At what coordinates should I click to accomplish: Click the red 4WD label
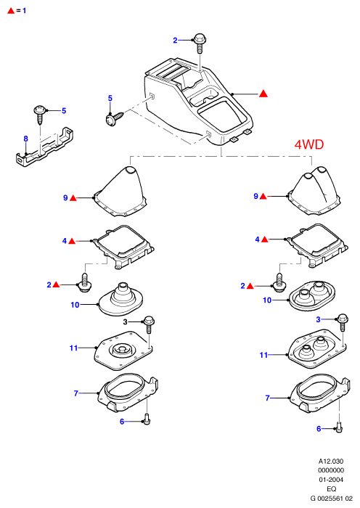pyautogui.click(x=308, y=144)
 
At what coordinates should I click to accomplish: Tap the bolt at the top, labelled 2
pyautogui.click(x=200, y=43)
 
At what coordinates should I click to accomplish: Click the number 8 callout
pyautogui.click(x=26, y=139)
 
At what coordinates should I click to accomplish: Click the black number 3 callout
pyautogui.click(x=126, y=321)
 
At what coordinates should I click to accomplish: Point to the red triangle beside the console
pyautogui.click(x=263, y=94)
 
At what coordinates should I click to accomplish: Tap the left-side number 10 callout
pyautogui.click(x=75, y=305)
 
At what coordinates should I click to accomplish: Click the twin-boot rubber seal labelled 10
pyautogui.click(x=311, y=295)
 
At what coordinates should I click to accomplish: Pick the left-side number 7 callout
pyautogui.click(x=76, y=393)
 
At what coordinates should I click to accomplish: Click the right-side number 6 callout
pyautogui.click(x=319, y=429)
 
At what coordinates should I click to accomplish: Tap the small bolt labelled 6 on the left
pyautogui.click(x=147, y=419)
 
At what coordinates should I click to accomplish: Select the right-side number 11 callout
pyautogui.click(x=263, y=355)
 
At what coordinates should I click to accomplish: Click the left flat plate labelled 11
pyautogui.click(x=123, y=351)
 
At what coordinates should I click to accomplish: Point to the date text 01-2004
pyautogui.click(x=331, y=480)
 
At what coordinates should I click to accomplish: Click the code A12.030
pyautogui.click(x=331, y=461)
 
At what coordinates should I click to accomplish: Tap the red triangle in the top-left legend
pyautogui.click(x=11, y=11)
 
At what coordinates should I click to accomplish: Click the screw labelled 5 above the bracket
pyautogui.click(x=40, y=115)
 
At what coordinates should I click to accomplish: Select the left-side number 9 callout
pyautogui.click(x=65, y=197)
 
